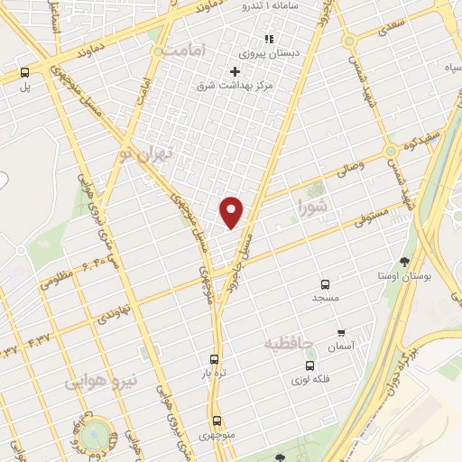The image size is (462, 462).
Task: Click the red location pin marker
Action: [232, 211]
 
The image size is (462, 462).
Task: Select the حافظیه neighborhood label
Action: [289, 343]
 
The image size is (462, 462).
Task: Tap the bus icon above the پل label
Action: [24, 72]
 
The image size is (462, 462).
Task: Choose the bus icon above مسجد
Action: [326, 283]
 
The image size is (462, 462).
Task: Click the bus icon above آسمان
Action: [341, 334]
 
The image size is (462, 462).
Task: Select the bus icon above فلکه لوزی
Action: [310, 365]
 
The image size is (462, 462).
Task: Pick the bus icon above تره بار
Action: [214, 358]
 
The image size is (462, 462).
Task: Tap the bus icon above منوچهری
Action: [217, 420]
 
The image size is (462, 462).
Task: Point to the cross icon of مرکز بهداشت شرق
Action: [236, 71]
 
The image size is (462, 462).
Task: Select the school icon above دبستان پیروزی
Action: [268, 39]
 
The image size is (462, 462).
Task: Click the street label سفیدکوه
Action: [421, 144]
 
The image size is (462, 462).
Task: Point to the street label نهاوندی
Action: [115, 315]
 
